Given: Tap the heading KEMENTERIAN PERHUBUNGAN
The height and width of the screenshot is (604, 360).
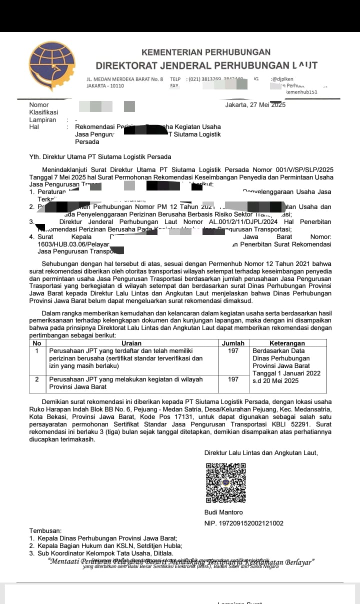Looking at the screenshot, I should tap(206, 52).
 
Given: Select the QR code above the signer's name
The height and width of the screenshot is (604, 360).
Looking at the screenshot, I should tap(226, 482).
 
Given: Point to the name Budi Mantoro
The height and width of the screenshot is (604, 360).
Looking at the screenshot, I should tap(223, 512).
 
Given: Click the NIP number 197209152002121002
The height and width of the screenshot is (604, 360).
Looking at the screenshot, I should tap(244, 523).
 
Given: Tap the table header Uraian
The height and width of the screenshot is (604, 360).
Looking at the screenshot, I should tap(131, 343).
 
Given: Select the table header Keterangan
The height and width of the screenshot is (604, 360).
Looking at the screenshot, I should tap(287, 343).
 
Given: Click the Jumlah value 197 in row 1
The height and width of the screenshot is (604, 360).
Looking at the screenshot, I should tap(233, 351).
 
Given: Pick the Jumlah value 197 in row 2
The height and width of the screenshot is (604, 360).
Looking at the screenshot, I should tap(233, 379).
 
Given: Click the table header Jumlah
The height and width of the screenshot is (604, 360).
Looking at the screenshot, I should tap(233, 343).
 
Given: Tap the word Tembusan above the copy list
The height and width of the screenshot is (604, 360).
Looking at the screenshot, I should tap(45, 530).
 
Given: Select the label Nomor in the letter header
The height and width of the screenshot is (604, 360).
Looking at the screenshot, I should tap(39, 105).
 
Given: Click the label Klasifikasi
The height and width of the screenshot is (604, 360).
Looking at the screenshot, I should tap(44, 112).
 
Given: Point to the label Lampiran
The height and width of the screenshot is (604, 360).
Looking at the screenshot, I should tap(42, 120).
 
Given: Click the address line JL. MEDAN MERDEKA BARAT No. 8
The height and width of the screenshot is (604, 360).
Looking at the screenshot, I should tap(125, 79).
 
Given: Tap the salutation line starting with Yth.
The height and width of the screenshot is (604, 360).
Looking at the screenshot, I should tap(100, 157).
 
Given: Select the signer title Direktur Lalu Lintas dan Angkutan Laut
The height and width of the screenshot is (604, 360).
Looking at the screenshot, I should tap(261, 453).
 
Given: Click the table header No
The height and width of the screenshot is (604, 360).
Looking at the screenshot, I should tap(37, 343).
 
